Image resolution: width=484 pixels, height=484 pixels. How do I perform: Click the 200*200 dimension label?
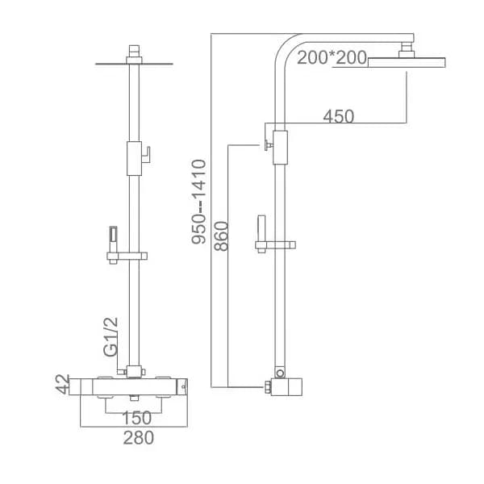332,57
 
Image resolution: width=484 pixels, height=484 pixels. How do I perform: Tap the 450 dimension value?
339,116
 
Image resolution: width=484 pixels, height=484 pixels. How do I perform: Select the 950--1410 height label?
198,202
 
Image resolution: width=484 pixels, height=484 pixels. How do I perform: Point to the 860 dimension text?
221,236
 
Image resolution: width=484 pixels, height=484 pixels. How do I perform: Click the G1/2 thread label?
111,336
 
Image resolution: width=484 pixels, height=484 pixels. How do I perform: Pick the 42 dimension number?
63,384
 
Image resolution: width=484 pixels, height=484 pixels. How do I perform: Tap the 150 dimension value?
137,418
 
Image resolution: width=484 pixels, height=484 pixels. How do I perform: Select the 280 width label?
138,438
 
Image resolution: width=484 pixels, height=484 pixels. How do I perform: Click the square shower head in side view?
407,62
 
